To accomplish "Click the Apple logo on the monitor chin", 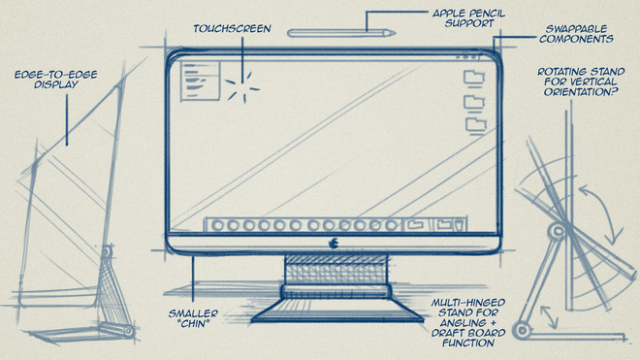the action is [x=334, y=244].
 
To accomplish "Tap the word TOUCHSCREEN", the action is [x=233, y=28].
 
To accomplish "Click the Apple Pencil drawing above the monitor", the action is [x=341, y=33].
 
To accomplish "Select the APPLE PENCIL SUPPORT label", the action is [x=469, y=18].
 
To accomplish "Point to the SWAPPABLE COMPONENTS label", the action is [x=576, y=34].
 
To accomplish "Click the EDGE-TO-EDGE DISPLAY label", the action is [x=56, y=80].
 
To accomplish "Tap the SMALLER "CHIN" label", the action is [x=194, y=318].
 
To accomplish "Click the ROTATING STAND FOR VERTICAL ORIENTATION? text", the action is [x=581, y=82].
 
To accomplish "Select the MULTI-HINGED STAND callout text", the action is [x=468, y=323].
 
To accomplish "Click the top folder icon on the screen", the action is [x=474, y=78].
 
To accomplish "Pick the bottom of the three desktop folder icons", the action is [x=476, y=125].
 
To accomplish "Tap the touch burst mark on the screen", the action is [x=243, y=86].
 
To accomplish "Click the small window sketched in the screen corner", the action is [x=200, y=81].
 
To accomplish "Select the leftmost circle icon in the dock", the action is [x=218, y=225].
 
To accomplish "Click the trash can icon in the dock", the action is [x=460, y=225].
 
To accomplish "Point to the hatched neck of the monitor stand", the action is [x=336, y=270].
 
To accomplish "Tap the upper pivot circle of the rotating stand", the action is [x=558, y=231].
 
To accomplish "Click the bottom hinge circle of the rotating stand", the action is [x=522, y=330].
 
